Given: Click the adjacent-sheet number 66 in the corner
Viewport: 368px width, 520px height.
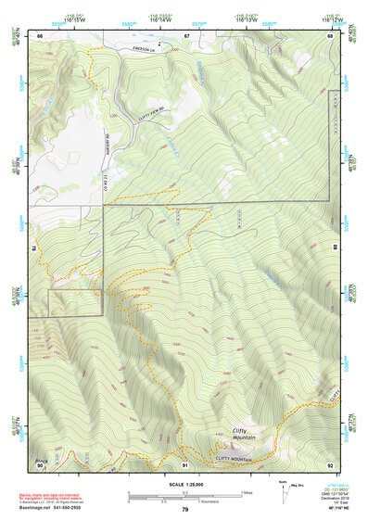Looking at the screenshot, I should tap(40, 35).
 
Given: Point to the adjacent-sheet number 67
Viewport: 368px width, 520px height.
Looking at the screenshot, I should tap(185, 35).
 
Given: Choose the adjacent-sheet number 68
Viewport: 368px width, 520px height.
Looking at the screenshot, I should tap(330, 35).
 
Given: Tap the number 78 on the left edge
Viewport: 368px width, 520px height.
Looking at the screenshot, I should tap(35, 247).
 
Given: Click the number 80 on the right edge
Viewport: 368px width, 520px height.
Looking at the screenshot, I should tap(335, 247).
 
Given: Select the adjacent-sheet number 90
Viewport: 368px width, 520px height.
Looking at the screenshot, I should tap(40, 464).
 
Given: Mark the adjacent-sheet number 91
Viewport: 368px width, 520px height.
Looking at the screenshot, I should tap(185, 464).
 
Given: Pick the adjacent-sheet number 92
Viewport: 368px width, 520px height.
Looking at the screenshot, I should tap(330, 464).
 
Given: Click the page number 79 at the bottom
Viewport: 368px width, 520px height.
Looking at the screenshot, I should tap(184, 510).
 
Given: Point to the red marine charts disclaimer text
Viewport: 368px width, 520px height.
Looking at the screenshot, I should tap(65, 493).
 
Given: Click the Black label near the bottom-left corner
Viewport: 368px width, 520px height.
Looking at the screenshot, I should tap(41, 459).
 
